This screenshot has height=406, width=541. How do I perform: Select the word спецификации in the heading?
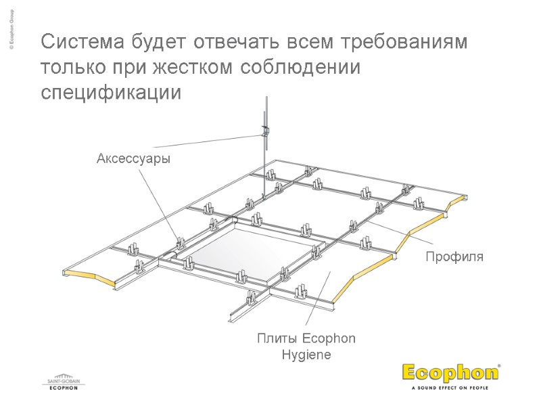112,93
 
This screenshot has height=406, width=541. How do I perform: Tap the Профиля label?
454,257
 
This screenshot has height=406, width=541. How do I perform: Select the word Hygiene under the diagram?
306,355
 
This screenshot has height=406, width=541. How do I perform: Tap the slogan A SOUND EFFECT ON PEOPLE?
450,388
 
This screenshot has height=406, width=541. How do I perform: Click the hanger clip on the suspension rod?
265,130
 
